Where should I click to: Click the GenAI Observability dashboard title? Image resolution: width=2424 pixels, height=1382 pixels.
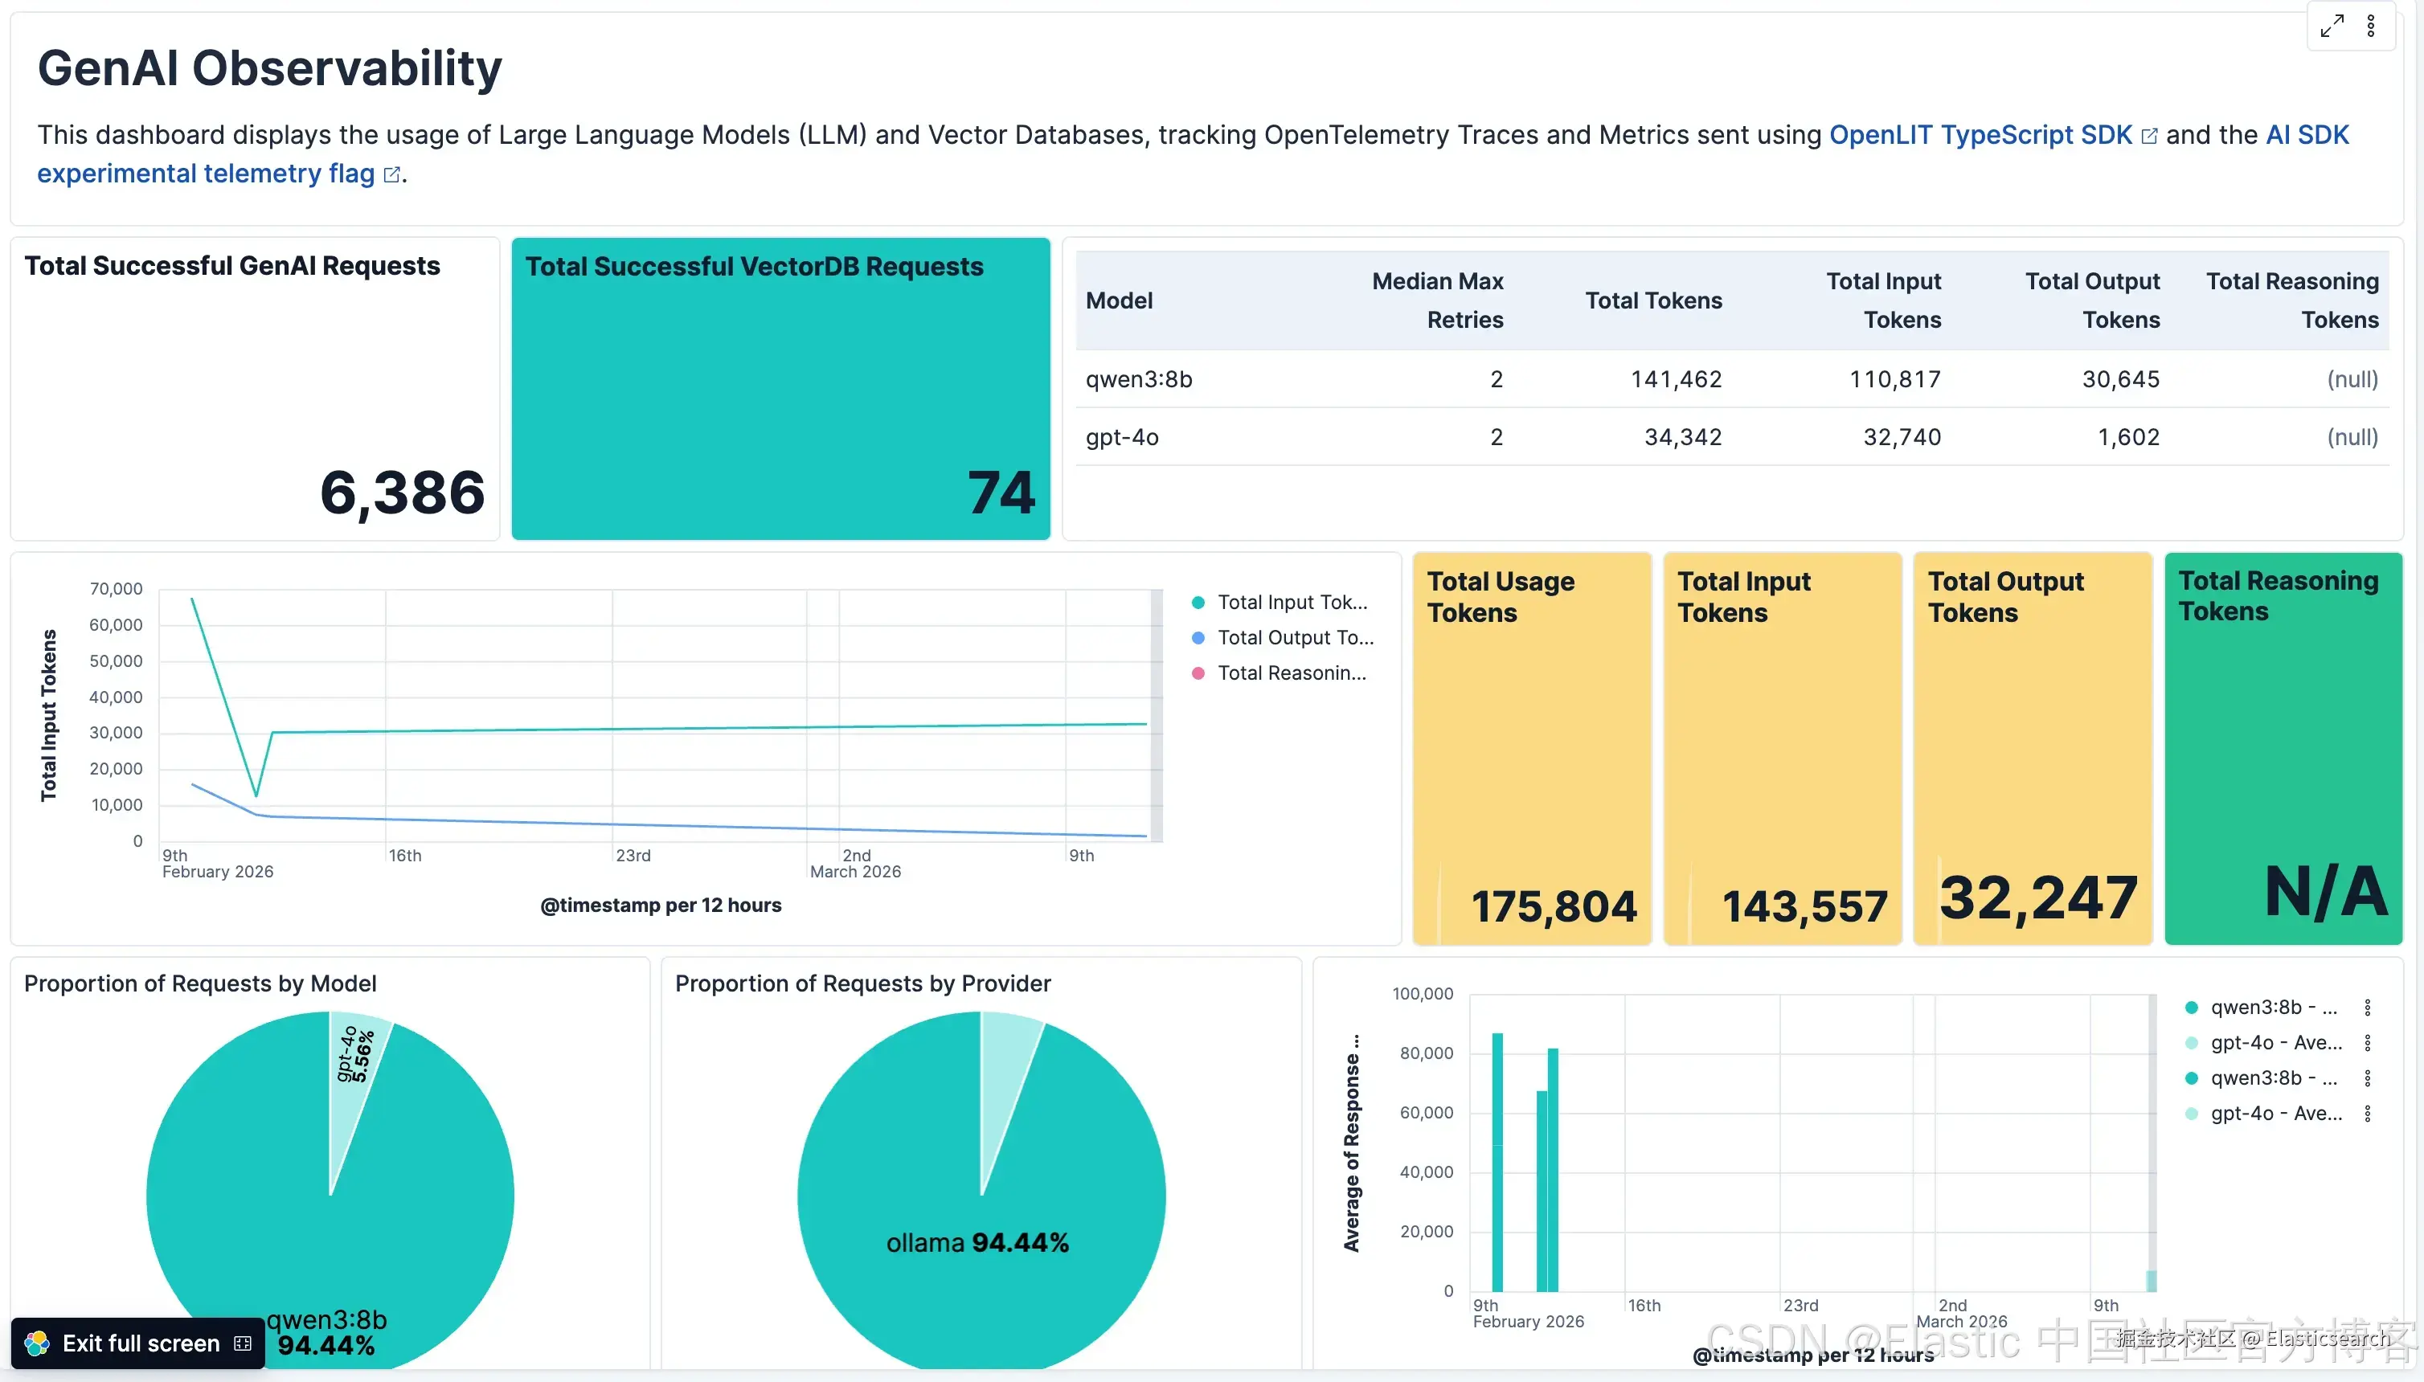pos(270,68)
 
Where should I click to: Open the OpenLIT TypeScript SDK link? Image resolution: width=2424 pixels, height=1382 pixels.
pos(1980,135)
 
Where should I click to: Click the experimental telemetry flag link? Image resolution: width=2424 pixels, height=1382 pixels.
pos(206,174)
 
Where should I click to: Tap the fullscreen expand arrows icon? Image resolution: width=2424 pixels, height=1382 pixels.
pos(2332,26)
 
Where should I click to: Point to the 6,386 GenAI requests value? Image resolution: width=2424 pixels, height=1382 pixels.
pos(402,493)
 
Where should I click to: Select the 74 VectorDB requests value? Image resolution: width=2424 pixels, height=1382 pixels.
pos(1001,493)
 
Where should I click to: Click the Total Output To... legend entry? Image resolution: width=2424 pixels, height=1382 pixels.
pos(1294,638)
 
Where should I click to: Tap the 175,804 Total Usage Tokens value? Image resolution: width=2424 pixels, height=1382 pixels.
pos(1554,906)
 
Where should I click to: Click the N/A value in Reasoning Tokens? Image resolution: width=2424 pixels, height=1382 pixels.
pos(2325,891)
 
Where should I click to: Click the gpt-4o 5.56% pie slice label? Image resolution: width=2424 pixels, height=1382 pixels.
pos(355,1054)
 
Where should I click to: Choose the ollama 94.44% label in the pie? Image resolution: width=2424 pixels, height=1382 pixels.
pos(977,1242)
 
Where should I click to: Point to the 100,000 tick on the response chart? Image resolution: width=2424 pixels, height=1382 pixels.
pos(1423,994)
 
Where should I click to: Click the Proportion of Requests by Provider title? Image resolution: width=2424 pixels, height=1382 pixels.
pos(862,983)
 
